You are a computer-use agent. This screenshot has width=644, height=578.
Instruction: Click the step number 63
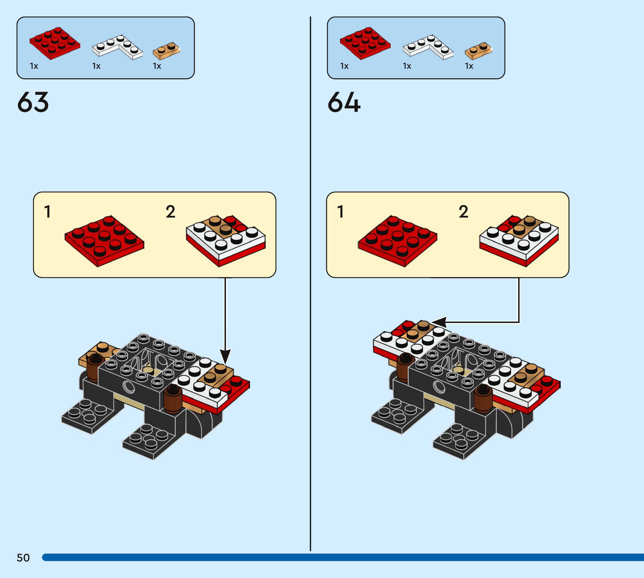(x=33, y=102)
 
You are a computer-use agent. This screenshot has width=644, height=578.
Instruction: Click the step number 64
(x=344, y=102)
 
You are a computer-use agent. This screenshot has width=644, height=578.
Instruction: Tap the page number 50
(x=23, y=558)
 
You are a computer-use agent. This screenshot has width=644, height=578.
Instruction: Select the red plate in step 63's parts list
(x=54, y=43)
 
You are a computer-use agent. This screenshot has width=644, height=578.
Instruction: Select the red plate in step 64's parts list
(x=365, y=43)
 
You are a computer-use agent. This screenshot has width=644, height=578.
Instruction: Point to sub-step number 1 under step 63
(x=47, y=212)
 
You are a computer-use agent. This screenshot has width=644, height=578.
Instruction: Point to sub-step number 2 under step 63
(x=170, y=212)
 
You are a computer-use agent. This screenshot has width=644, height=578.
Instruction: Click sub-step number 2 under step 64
(x=463, y=212)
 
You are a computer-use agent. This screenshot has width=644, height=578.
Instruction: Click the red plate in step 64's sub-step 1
(x=398, y=241)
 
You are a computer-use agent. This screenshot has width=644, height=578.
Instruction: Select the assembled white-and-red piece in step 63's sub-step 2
(x=226, y=240)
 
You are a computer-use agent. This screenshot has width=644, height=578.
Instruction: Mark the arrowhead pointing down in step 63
(x=225, y=356)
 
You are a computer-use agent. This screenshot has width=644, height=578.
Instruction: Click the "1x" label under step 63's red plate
(x=34, y=66)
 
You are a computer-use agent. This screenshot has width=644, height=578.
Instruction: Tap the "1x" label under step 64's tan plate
(x=469, y=66)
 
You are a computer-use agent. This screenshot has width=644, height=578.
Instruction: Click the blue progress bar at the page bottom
(x=343, y=557)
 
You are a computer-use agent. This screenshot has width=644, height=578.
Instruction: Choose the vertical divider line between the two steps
(x=310, y=286)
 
